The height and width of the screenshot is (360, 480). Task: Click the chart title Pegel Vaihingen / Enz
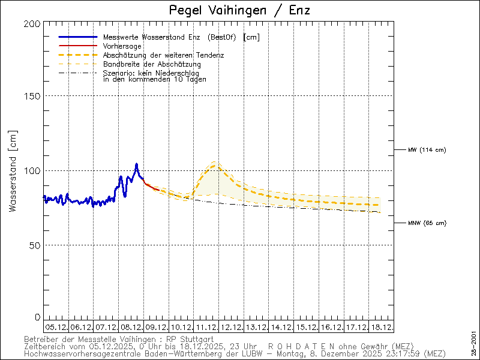coord(240,10)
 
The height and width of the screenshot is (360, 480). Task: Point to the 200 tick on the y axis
coord(34,23)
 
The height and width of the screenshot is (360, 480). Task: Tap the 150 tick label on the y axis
coord(34,96)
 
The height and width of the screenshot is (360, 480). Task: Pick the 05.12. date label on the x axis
coord(56,327)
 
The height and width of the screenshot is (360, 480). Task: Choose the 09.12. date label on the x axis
coord(156,327)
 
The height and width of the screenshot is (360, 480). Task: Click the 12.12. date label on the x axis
coord(231,327)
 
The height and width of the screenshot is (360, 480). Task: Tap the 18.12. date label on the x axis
coord(382,327)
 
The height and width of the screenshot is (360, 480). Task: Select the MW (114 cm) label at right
coord(427,149)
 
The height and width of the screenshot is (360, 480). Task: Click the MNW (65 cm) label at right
coord(427,223)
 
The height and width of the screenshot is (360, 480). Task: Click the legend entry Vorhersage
coord(122,46)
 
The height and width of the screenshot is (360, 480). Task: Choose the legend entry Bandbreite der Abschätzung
coord(152,64)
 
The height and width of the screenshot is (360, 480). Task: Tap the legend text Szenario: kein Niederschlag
coord(151,73)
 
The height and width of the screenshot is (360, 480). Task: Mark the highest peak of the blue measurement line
coord(136,164)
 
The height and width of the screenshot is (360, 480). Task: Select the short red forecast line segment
coord(151,187)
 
